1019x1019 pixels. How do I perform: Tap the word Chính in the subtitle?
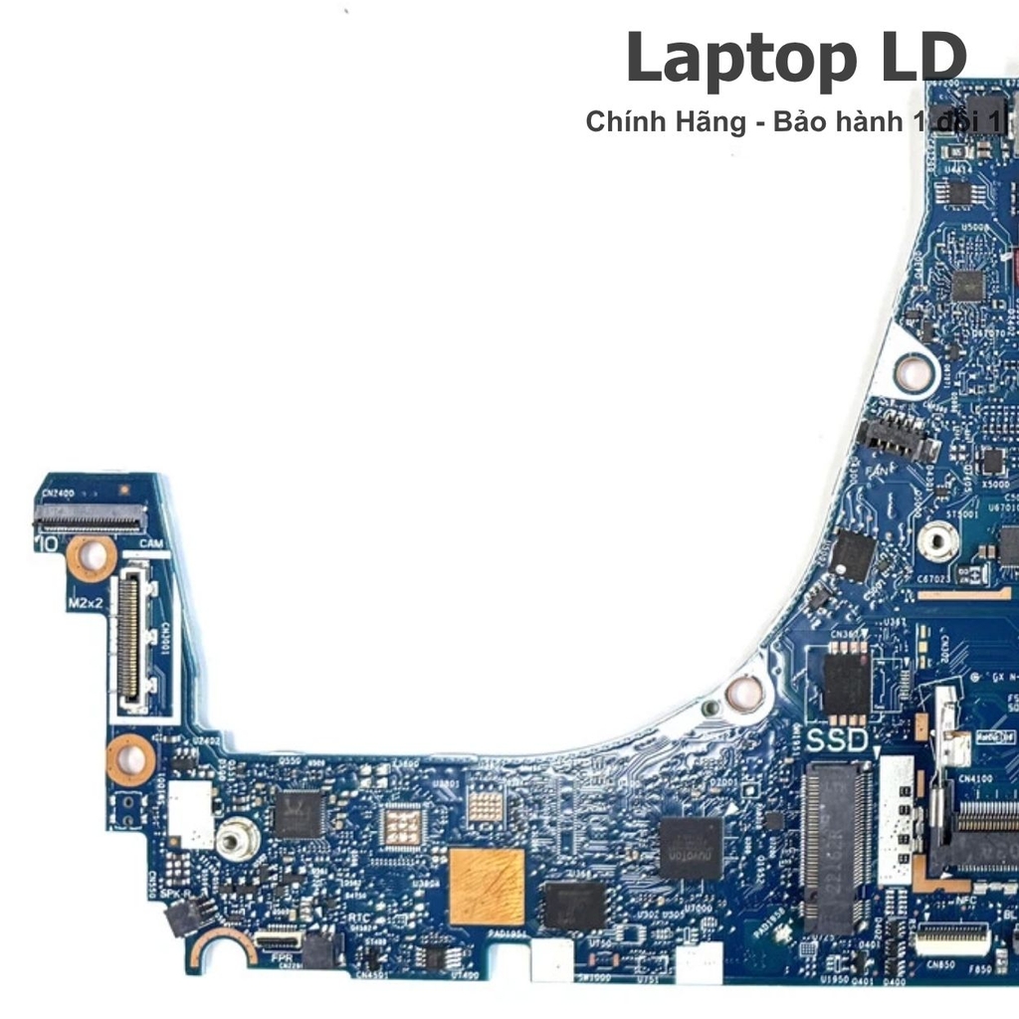pos(623,121)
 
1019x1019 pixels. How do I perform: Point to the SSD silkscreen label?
pos(837,740)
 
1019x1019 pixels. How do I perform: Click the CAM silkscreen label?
pos(151,543)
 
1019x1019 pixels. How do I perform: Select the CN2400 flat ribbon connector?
pos(90,515)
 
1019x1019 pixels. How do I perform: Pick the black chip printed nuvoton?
pos(691,847)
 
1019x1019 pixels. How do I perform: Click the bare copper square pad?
pos(487,886)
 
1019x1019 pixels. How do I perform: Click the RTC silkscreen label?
pos(359,917)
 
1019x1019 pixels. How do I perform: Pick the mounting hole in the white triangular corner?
pos(911,371)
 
